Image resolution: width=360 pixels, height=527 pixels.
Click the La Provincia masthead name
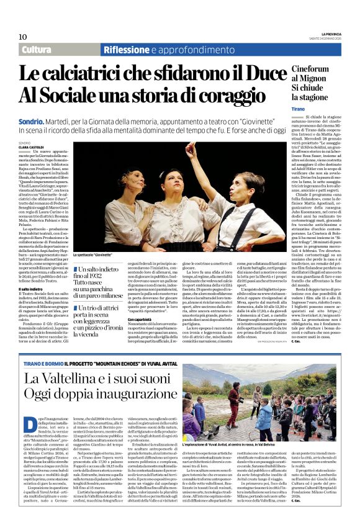click(323, 34)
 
